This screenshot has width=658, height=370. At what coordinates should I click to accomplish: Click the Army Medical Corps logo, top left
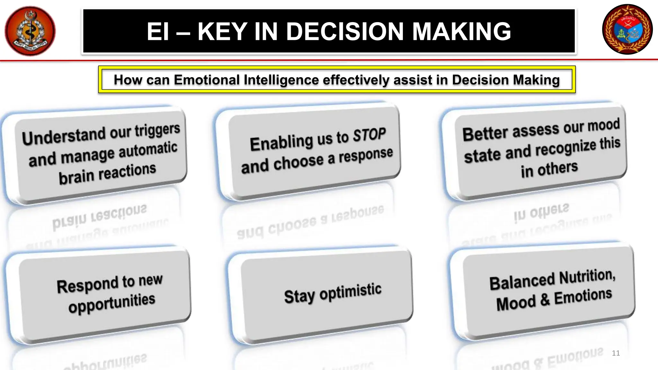tap(30, 31)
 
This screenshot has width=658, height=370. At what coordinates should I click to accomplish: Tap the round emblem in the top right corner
tap(627, 29)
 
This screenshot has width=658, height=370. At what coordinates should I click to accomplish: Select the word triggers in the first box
tap(157, 130)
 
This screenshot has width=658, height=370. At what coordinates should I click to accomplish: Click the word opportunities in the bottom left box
tap(112, 303)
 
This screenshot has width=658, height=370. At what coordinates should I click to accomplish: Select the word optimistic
tap(350, 292)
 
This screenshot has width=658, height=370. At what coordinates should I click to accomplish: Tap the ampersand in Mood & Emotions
tap(545, 300)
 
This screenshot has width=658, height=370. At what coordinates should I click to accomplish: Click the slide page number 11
tap(616, 353)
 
